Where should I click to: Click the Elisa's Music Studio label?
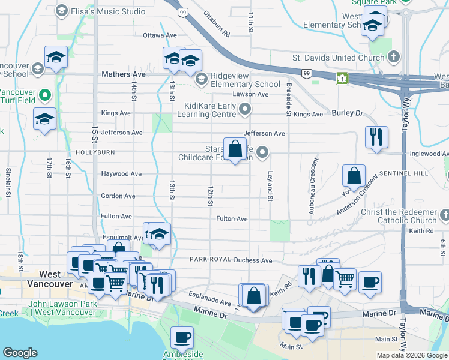(x=108, y=11)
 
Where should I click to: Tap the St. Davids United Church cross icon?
(x=394, y=58)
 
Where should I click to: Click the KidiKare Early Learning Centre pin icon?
(x=244, y=109)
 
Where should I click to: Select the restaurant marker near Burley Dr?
(x=376, y=137)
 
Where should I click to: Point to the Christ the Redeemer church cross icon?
(x=445, y=215)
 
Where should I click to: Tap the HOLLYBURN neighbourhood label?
(x=95, y=152)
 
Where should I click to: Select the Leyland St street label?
(x=270, y=187)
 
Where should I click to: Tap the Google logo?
(x=20, y=353)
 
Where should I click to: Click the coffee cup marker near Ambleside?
(x=182, y=337)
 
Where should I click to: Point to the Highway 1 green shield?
(x=342, y=78)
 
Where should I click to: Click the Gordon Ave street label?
(x=118, y=196)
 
